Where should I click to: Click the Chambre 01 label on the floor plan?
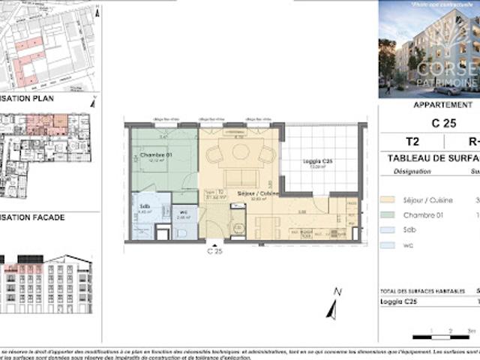(156, 155)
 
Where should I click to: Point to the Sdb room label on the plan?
(144, 206)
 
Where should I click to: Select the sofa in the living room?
(241, 178)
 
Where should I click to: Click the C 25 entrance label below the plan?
(214, 252)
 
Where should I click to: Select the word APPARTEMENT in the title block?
(443, 106)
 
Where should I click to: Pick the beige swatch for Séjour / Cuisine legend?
(386, 199)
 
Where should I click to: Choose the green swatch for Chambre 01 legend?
(386, 215)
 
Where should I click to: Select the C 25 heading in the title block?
(443, 122)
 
